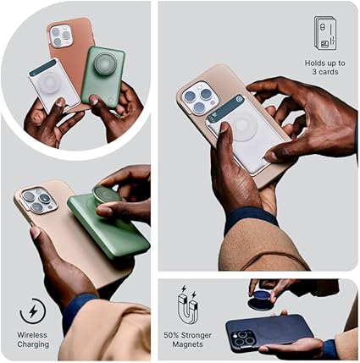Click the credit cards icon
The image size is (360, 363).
pyautogui.click(x=325, y=33)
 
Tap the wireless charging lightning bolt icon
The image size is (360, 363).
pyautogui.click(x=33, y=311)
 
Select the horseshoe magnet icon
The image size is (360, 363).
pyautogui.click(x=188, y=305)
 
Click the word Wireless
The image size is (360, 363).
pyautogui.click(x=32, y=335)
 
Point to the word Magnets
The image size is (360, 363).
pyautogui.click(x=187, y=344)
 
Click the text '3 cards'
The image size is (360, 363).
pyautogui.click(x=325, y=72)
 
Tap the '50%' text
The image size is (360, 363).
pyautogui.click(x=171, y=335)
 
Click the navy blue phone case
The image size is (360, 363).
pyautogui.click(x=269, y=333)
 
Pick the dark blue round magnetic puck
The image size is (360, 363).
pyautogui.click(x=260, y=300)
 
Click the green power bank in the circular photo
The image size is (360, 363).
pyautogui.click(x=103, y=77)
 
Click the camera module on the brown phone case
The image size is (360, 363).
pyautogui.click(x=60, y=36)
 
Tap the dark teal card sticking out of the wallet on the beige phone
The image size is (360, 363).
pyautogui.click(x=225, y=108)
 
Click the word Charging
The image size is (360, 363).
pyautogui.click(x=33, y=344)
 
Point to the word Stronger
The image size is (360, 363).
pyautogui.click(x=196, y=335)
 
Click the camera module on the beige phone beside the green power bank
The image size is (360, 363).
pyautogui.click(x=37, y=200)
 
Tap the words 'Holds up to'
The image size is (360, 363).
pyautogui.click(x=325, y=63)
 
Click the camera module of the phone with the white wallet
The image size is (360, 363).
pyautogui.click(x=200, y=98)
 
